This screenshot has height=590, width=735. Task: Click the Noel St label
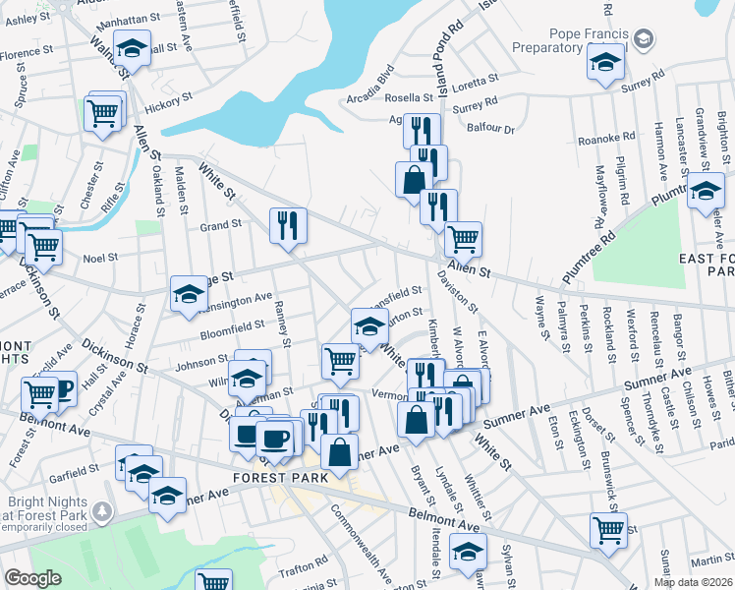click(x=100, y=258)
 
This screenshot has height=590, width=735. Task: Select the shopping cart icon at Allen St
click(x=463, y=238)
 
